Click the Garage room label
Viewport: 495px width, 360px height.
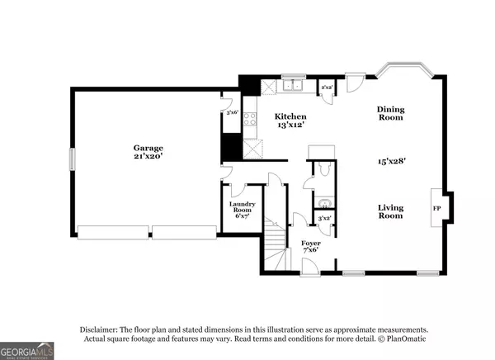[148, 148]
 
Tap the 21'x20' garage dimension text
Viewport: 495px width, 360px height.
[148, 159]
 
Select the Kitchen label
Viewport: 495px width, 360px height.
[290, 117]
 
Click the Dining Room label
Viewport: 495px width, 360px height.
[390, 113]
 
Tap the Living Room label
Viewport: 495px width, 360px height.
[390, 211]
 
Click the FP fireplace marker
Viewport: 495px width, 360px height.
[436, 209]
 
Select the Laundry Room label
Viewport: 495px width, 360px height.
[242, 207]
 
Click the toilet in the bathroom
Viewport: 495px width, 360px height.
[323, 168]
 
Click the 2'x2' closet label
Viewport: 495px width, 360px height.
[328, 87]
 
